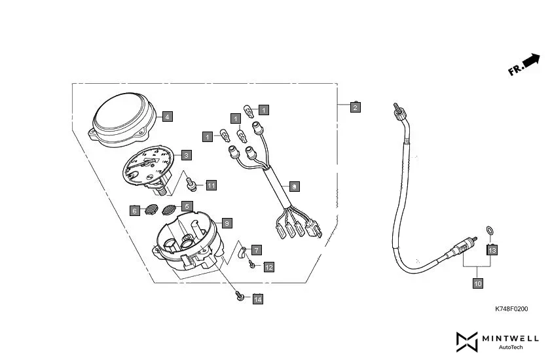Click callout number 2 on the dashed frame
coord(355,107)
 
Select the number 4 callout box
coord(167,117)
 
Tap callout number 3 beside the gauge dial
coord(186,155)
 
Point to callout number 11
coord(211,185)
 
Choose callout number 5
coord(187,206)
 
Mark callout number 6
coord(134,211)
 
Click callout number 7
coord(256,250)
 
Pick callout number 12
coord(269,266)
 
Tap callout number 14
coord(257,299)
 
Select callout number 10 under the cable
coord(477,283)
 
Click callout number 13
coord(492,249)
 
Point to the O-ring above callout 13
coord(488,230)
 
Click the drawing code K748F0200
coord(511,309)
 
